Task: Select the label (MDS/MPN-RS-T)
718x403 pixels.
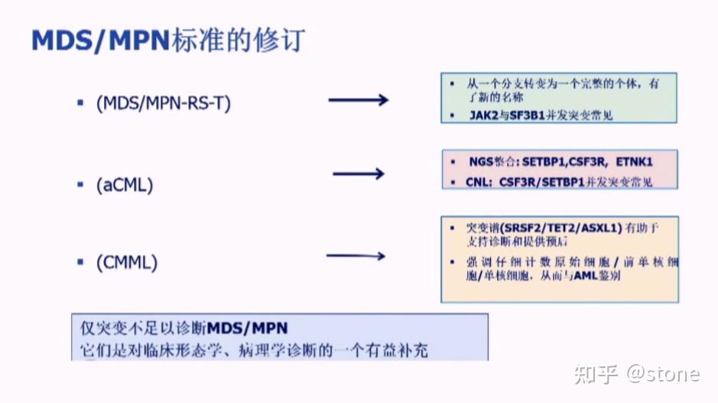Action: coord(163,103)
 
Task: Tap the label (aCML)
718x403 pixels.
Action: coord(125,184)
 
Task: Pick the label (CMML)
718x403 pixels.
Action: coord(127,262)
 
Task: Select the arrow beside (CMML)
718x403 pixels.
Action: coord(356,256)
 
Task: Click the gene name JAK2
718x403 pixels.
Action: coord(483,115)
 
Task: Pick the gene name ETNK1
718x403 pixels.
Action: coord(632,162)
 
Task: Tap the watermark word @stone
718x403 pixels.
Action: coord(662,373)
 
